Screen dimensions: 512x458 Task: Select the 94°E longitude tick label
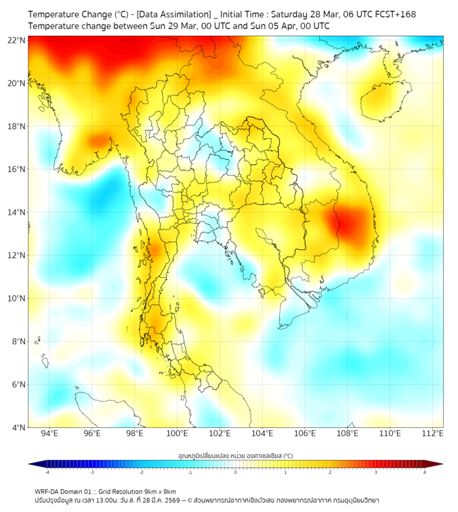coord(49,433)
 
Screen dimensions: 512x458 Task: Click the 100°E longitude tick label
coord(178,433)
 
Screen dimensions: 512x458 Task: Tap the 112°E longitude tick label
coord(433,433)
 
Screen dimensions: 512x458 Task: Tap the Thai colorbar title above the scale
coord(235,455)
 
